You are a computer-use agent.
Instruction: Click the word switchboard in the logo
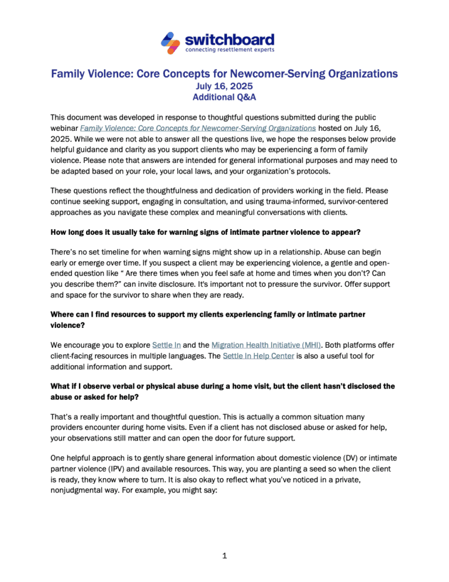coord(229,39)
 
